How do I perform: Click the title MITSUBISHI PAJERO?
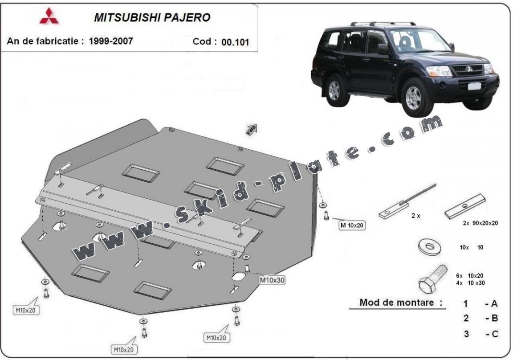152,17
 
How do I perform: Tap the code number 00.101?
235,42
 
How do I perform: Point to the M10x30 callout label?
272,280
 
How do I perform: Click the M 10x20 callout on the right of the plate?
352,225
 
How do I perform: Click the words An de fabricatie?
45,41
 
